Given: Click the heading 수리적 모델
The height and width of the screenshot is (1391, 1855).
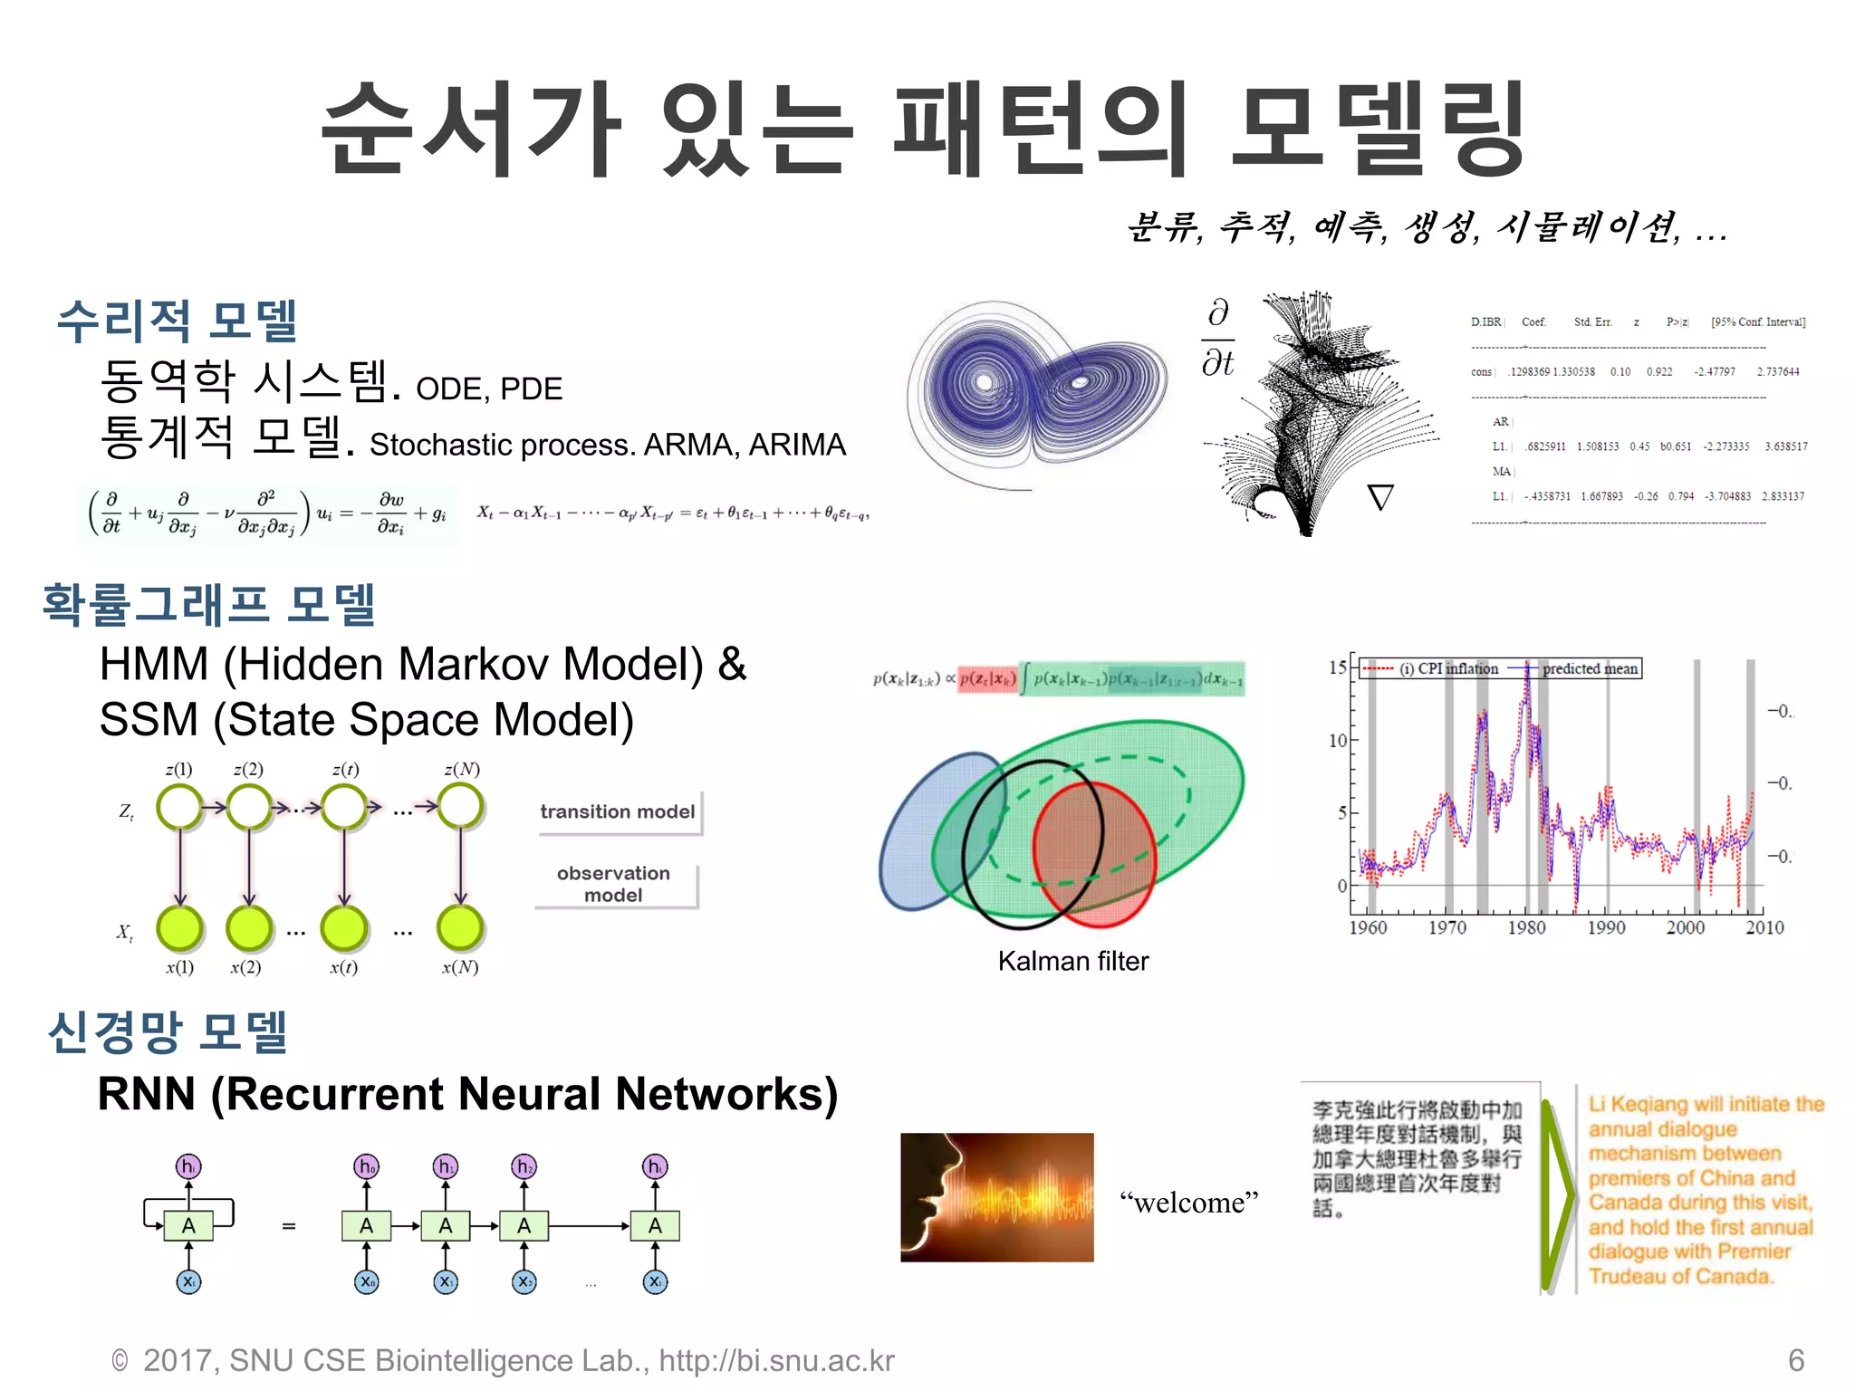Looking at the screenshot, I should point(177,321).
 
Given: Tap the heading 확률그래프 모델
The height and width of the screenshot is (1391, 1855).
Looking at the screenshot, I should point(209,604).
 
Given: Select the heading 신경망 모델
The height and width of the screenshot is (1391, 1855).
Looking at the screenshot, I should point(168,1031).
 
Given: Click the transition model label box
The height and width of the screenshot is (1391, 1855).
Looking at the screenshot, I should point(618,811).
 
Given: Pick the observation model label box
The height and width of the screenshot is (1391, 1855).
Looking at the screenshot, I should point(614,884).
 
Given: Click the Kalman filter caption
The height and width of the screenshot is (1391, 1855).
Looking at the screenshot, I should point(1072,961).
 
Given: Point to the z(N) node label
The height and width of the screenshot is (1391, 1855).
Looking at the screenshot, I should point(461,769).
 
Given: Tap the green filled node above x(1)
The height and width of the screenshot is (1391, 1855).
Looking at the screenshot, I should point(179,928).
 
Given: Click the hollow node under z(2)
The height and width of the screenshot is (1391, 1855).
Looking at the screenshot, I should point(248,807).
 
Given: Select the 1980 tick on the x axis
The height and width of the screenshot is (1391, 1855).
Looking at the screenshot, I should point(1526,927).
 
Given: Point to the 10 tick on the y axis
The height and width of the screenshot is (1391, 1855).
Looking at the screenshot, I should point(1338,740).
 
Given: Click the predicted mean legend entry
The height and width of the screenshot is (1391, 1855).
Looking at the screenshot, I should point(1589,668).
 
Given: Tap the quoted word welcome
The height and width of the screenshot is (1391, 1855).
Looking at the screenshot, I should point(1188,1203).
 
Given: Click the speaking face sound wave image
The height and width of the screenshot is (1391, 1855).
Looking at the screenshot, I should point(996,1197).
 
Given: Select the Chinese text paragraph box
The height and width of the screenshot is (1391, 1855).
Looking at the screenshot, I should point(1417,1159).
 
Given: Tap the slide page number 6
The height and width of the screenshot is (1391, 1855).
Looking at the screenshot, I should point(1795,1360).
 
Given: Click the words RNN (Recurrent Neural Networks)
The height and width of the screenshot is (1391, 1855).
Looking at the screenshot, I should point(467,1094).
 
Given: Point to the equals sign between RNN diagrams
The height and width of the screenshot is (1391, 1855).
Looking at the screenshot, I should point(289,1226).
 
